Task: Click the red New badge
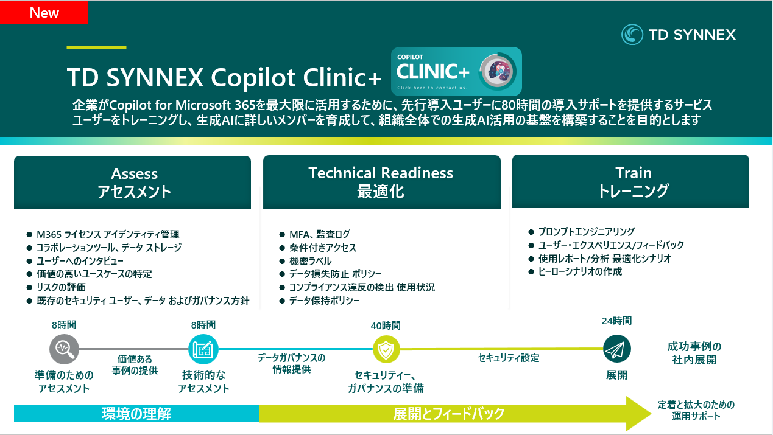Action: (x=44, y=12)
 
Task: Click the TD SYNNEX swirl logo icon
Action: (x=632, y=35)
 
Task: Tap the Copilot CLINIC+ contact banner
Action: (x=456, y=71)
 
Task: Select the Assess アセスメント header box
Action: (x=133, y=182)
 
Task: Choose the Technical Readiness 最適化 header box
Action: (x=382, y=182)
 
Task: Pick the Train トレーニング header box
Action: (x=630, y=181)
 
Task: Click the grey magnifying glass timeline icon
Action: (x=64, y=349)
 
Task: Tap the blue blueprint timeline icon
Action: (x=203, y=349)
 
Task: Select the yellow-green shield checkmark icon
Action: (x=386, y=349)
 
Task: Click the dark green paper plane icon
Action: (x=616, y=349)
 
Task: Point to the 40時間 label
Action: (x=386, y=325)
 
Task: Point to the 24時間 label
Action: (x=616, y=321)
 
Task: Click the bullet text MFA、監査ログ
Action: (x=320, y=234)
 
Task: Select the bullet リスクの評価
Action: (x=61, y=287)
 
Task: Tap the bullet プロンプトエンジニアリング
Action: (x=587, y=232)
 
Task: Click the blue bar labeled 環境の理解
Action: (x=136, y=413)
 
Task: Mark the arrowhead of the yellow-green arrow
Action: (x=651, y=413)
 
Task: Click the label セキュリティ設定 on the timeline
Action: (x=508, y=358)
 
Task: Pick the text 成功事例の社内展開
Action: (x=694, y=353)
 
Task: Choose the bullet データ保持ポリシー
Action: (x=325, y=301)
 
